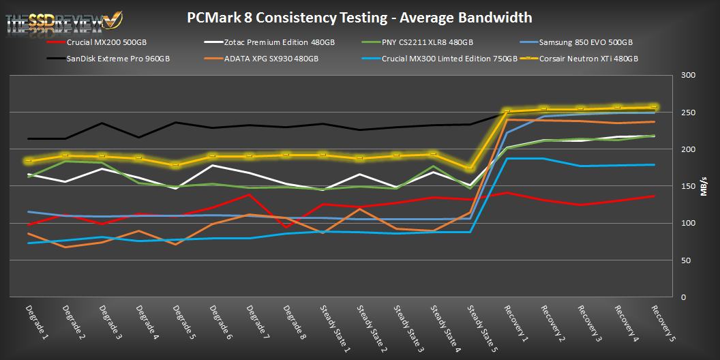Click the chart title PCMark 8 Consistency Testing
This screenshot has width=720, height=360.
359,17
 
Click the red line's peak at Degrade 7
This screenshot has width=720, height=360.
250,195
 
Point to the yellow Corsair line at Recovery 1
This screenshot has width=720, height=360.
507,111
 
